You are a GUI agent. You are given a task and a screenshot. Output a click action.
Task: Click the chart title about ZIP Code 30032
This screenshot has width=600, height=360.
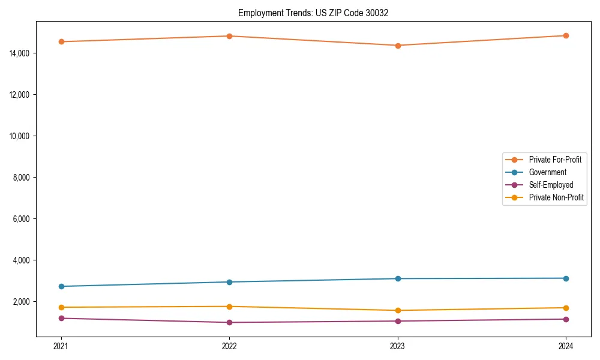click(x=313, y=13)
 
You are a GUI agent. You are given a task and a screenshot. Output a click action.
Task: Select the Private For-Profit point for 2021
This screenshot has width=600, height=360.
click(x=61, y=41)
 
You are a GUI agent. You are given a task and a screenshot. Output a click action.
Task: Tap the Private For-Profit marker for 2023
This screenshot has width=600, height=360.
click(x=397, y=46)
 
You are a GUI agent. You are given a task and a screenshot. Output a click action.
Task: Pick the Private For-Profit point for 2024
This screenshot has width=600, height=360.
click(x=566, y=35)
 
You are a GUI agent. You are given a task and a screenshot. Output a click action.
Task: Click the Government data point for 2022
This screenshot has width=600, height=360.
click(x=229, y=282)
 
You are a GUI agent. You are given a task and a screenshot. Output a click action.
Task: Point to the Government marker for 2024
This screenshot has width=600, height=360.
click(x=566, y=278)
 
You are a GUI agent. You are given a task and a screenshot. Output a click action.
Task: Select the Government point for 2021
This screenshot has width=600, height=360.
click(x=61, y=286)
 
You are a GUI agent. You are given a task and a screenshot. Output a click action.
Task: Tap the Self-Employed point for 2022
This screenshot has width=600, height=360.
click(x=229, y=322)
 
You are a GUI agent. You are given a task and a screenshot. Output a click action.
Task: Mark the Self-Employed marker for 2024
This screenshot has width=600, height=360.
click(x=566, y=319)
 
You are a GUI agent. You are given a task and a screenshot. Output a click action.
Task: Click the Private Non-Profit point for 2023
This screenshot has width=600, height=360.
click(x=397, y=310)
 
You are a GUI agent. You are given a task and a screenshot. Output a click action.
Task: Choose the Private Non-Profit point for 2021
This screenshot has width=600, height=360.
click(x=61, y=307)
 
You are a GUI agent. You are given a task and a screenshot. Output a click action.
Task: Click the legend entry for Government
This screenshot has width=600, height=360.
click(x=547, y=172)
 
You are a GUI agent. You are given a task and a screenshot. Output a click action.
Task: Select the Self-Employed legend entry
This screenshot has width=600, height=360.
click(x=551, y=185)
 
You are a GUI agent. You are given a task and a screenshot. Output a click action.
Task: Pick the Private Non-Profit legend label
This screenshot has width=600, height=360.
click(x=556, y=197)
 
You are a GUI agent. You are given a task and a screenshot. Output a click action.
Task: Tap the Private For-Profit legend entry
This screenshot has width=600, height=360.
click(x=555, y=160)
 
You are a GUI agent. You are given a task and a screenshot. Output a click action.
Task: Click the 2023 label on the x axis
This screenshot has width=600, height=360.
click(x=397, y=346)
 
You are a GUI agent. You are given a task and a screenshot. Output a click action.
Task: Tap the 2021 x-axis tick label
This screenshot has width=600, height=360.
click(x=61, y=346)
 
